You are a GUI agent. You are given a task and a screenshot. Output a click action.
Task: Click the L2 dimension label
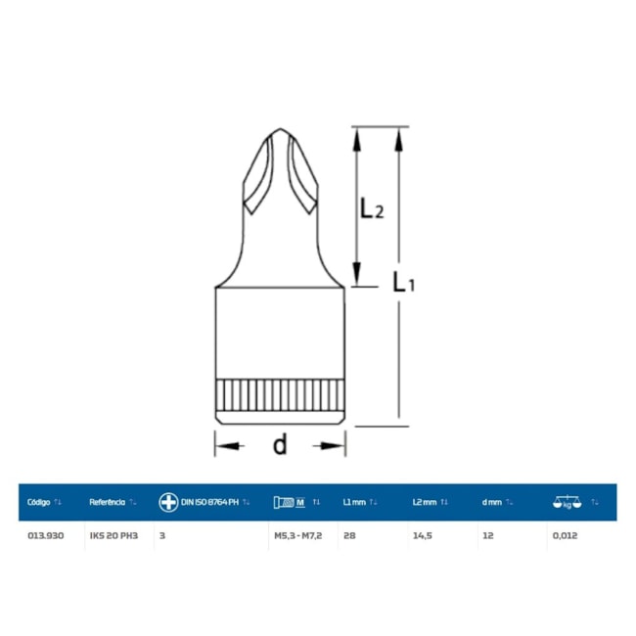pyautogui.click(x=372, y=208)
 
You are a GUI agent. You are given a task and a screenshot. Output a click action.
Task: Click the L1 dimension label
pyautogui.click(x=403, y=282)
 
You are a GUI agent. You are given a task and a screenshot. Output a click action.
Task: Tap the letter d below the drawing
pyautogui.click(x=280, y=444)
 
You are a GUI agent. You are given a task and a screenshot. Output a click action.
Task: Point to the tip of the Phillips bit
pyautogui.click(x=280, y=129)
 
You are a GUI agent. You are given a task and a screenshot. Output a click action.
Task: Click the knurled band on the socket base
pyautogui.click(x=280, y=395)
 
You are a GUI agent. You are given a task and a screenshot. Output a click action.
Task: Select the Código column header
pyautogui.click(x=38, y=502)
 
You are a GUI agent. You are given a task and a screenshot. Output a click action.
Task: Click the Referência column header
pyautogui.click(x=107, y=502)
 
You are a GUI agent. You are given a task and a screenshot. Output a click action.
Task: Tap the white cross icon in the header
pyautogui.click(x=168, y=502)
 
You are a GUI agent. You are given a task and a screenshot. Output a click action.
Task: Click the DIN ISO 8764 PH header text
pyautogui.click(x=209, y=502)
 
